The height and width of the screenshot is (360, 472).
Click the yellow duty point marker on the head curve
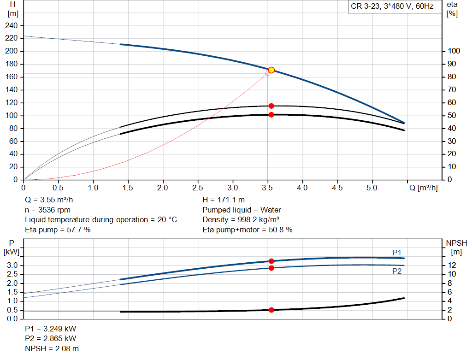tap(271, 70)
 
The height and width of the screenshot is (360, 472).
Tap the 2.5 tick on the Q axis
tap(198, 188)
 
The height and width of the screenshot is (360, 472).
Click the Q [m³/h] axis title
tap(423, 188)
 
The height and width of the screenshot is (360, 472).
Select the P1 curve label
tap(397, 252)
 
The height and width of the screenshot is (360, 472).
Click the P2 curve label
tap(397, 271)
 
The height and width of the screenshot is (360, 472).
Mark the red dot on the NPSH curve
tap(271, 310)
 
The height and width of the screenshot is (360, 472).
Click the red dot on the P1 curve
tap(271, 261)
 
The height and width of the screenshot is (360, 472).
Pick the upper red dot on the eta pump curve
tap(271, 106)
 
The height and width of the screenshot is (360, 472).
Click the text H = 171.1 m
tap(224, 200)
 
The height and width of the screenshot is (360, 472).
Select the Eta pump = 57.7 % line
tap(58, 230)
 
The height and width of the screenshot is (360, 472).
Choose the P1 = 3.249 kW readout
tap(51, 329)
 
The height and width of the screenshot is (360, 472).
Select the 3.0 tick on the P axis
tap(13, 265)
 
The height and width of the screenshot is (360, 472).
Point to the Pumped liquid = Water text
tap(242, 210)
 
